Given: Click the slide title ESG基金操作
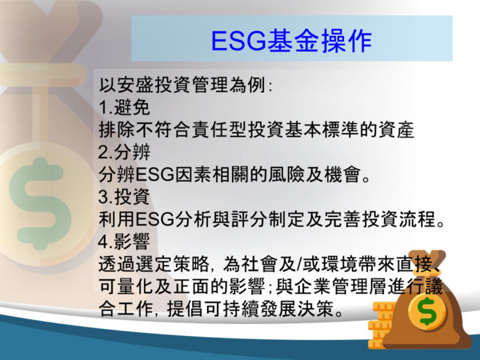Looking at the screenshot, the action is coord(291,41).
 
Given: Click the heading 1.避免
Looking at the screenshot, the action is coord(124,107).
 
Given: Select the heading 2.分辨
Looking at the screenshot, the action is coord(124,152).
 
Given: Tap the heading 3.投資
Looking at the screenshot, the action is coord(124,197).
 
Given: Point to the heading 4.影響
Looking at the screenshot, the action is coord(124,242).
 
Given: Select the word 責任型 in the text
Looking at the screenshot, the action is coord(220,130).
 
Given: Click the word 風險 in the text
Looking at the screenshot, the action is coord(287,174).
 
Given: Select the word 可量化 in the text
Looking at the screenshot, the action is coord(126,287).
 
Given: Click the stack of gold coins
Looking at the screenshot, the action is coord(379,325).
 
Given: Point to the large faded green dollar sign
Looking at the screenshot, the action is coord(40,203).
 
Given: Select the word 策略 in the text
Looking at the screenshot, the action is coord(192,264).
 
